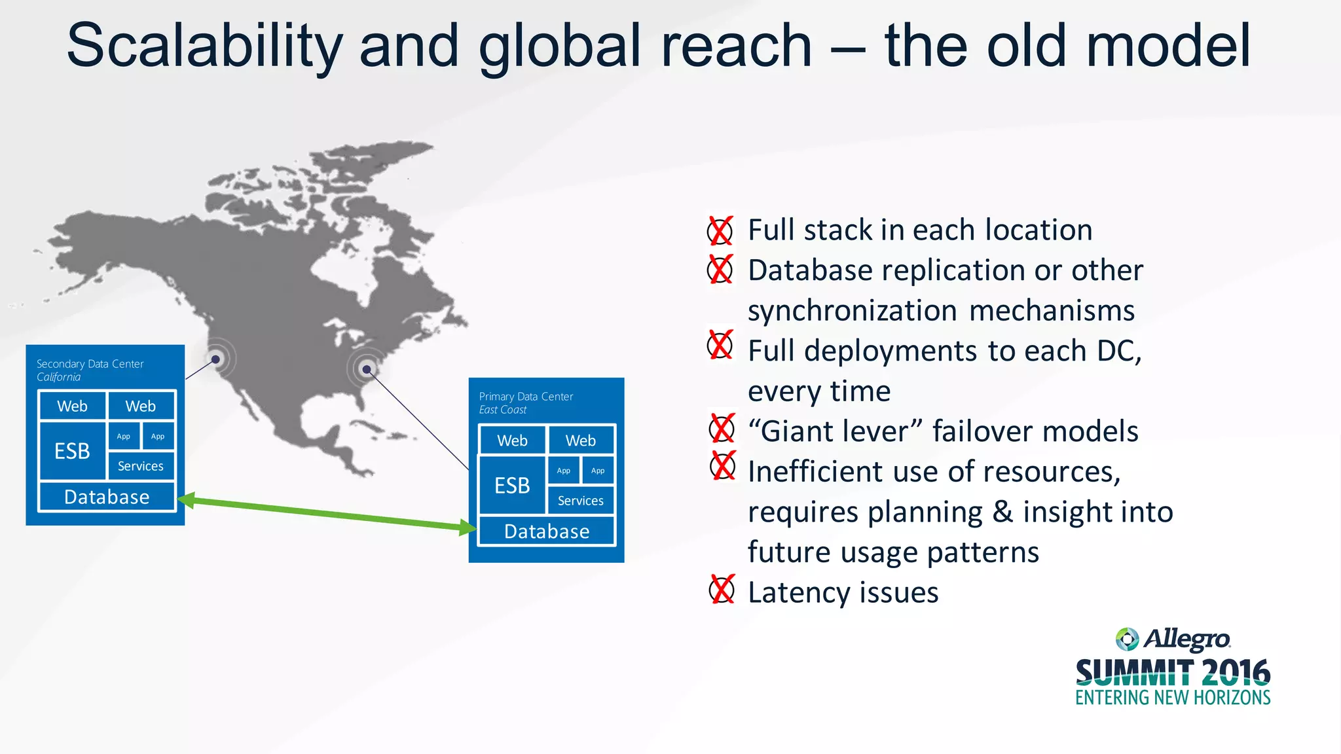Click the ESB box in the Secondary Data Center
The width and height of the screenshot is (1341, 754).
click(72, 451)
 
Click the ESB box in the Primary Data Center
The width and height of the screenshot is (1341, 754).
click(512, 485)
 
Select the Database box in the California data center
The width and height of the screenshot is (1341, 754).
click(107, 497)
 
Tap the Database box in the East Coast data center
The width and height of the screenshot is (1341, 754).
click(547, 531)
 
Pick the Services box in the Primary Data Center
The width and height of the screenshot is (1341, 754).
click(581, 501)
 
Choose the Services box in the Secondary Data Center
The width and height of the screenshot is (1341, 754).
click(141, 466)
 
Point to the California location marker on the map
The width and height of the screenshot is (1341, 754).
click(215, 359)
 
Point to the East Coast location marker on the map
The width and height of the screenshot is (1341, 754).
click(367, 370)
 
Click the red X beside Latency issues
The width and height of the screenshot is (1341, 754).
click(722, 590)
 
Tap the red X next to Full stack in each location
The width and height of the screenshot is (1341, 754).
click(720, 230)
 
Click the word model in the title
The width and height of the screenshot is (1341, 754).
click(1168, 46)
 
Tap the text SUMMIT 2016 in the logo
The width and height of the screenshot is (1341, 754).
click(1173, 673)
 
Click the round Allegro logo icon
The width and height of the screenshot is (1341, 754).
click(1127, 639)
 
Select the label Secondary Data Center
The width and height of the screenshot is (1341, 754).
click(90, 364)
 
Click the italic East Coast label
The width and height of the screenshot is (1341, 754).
click(503, 410)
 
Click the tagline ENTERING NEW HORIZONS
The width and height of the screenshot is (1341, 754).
click(1173, 698)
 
